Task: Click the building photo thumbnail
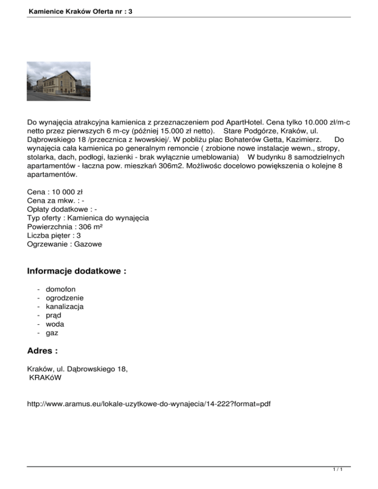click(58, 81)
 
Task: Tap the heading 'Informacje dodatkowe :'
click(77, 272)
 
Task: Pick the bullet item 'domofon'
click(61, 289)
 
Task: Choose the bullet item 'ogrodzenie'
click(64, 298)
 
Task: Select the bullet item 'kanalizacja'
click(64, 307)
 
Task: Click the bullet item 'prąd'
click(54, 316)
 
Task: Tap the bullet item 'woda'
click(55, 325)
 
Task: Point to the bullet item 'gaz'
click(52, 334)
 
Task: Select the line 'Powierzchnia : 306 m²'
click(65, 226)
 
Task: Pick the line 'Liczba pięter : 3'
click(54, 235)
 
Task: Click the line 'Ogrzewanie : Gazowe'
click(64, 244)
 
